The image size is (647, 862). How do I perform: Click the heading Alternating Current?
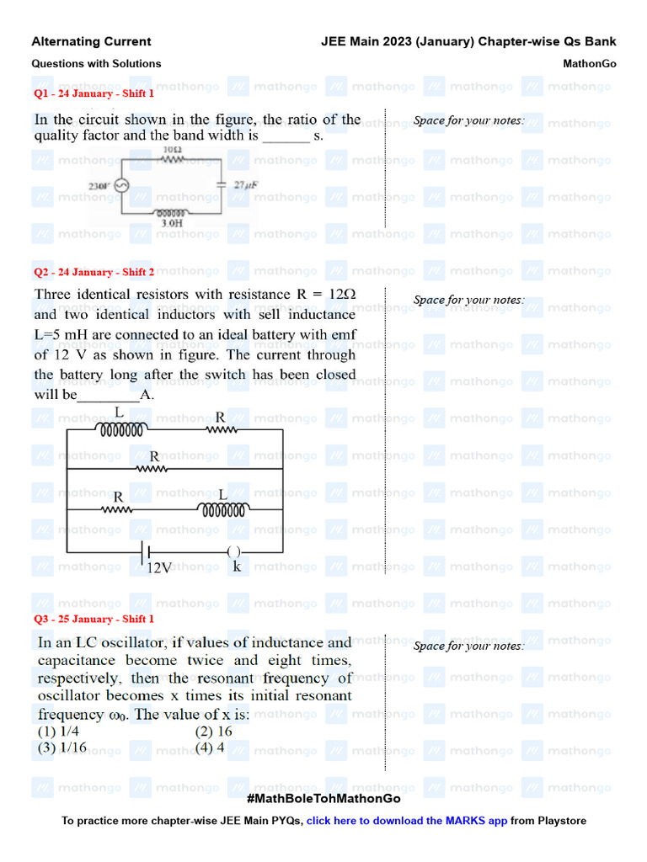[91, 41]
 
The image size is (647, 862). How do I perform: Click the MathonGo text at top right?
[589, 63]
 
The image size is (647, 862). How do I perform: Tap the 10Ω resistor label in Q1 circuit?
[172, 150]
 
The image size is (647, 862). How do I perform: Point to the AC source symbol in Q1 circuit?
[120, 187]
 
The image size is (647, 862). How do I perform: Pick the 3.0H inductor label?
[171, 225]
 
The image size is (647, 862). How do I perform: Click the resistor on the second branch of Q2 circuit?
[153, 469]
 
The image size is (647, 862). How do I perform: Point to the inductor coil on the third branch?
[222, 509]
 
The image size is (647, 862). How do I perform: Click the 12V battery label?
[159, 568]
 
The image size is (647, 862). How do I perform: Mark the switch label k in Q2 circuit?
[237, 567]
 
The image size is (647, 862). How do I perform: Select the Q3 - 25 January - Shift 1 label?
[94, 619]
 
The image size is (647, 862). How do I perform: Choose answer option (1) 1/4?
[58, 732]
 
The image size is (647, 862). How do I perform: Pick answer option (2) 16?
[213, 732]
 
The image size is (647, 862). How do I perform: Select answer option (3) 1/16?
[61, 748]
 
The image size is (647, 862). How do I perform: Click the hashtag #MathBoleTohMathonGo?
[323, 798]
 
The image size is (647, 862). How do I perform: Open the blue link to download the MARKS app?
[406, 821]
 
